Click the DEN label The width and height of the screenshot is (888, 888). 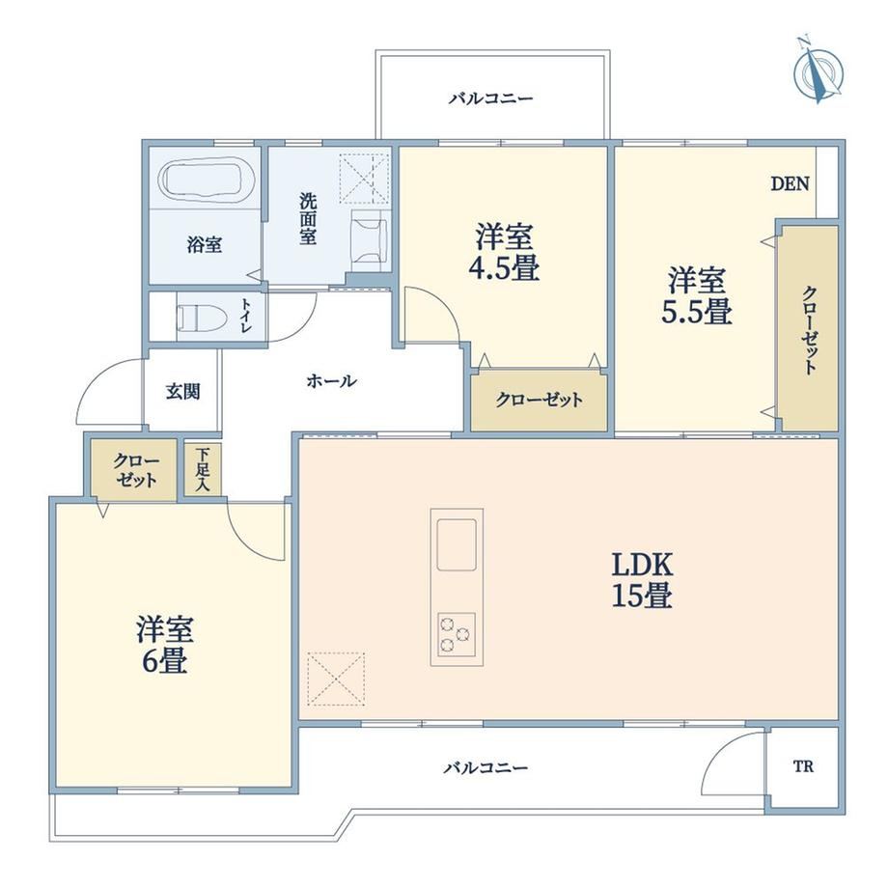[x=790, y=183]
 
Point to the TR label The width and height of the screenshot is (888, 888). [x=803, y=766]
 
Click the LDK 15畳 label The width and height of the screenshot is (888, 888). [x=642, y=580]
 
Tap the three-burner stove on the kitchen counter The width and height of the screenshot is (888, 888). [x=456, y=634]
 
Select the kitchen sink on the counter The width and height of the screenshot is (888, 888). [x=456, y=544]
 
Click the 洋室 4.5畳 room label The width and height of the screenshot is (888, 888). [x=504, y=253]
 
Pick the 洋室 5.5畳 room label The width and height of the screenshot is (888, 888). [x=697, y=295]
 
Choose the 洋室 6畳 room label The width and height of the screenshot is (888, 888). [x=165, y=645]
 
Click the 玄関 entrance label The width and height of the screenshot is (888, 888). [x=183, y=391]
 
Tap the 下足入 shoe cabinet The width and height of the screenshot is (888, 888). [x=202, y=470]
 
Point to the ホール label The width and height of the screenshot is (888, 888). [x=331, y=381]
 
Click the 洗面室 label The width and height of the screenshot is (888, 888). [x=308, y=218]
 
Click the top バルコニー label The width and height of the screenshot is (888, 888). [x=490, y=99]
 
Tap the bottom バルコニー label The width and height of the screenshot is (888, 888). [x=486, y=768]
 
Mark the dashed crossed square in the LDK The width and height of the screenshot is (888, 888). [x=336, y=679]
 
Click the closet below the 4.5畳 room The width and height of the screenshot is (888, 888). [x=539, y=401]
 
